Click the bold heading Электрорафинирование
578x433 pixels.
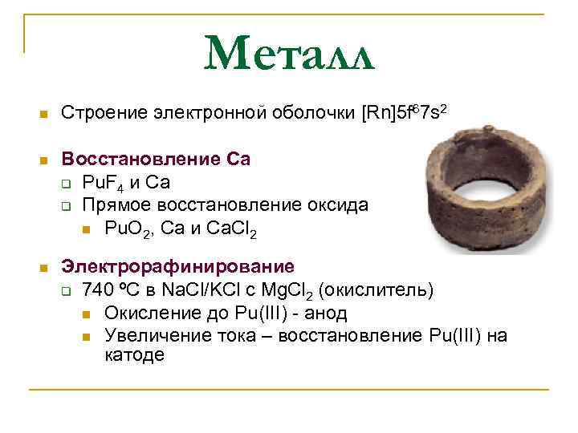[x=178, y=265]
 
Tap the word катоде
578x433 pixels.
[x=135, y=355]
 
